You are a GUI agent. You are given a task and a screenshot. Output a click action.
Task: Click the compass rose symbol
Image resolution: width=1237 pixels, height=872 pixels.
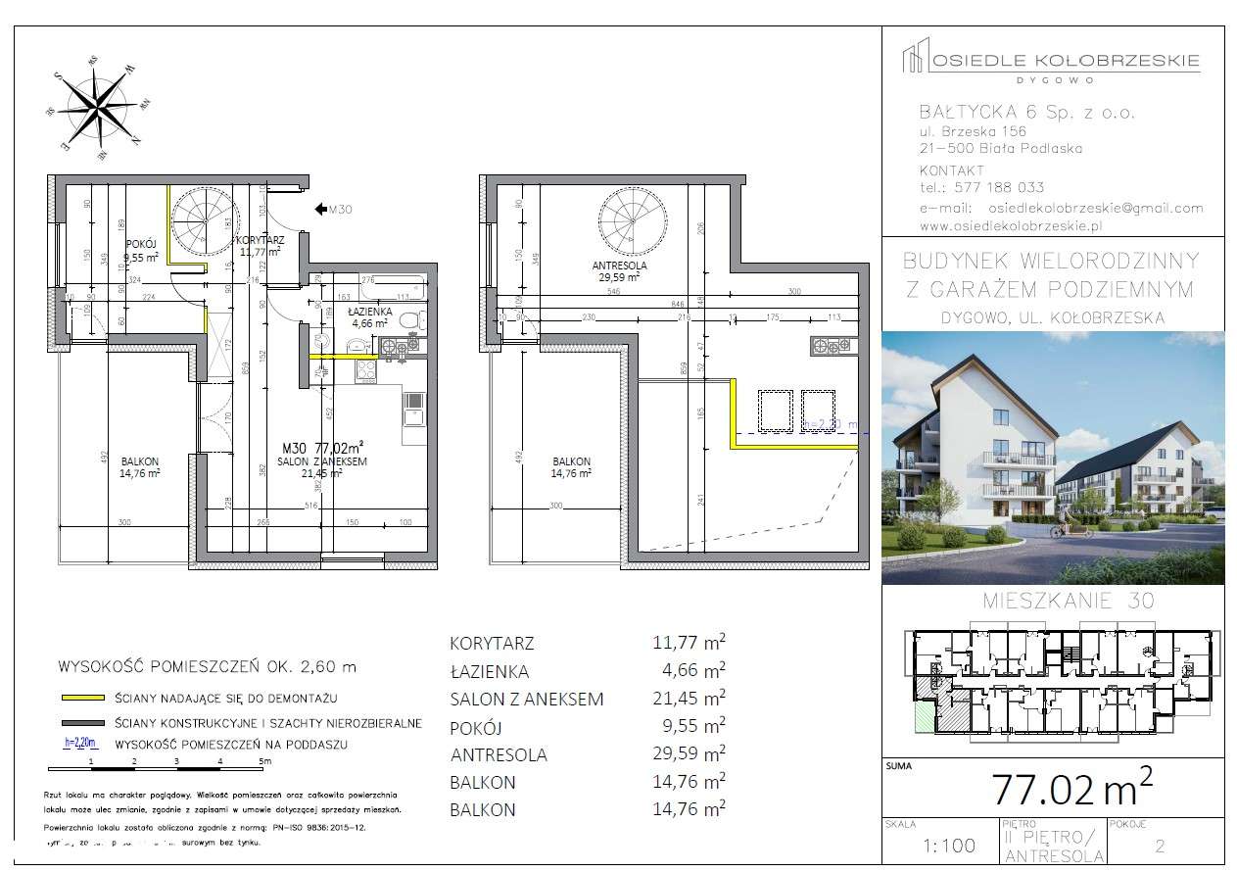click(x=97, y=105)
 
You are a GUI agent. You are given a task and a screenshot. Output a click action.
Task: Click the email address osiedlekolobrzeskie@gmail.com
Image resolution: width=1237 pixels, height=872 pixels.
click(x=1096, y=208)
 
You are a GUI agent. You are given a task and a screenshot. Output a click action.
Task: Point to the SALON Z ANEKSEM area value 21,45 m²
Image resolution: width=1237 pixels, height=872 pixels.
click(x=689, y=699)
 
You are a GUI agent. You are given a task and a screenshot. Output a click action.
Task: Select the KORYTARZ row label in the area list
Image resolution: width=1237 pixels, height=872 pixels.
click(x=493, y=644)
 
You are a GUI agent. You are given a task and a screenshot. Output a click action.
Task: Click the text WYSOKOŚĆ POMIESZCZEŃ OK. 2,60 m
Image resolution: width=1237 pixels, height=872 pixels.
click(x=208, y=666)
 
